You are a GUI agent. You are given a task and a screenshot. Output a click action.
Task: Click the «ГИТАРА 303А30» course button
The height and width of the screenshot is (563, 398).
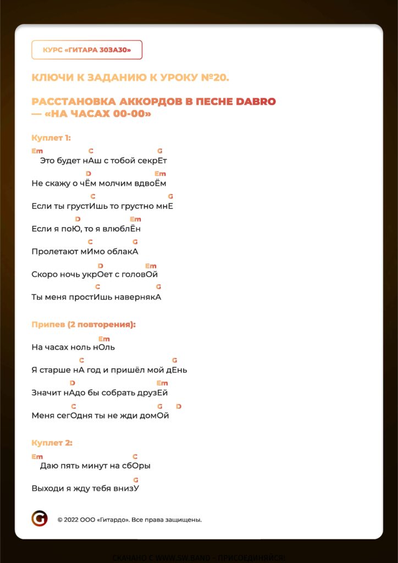pyautogui.click(x=87, y=50)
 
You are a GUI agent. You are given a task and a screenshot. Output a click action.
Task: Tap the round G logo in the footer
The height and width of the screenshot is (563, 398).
pyautogui.click(x=40, y=518)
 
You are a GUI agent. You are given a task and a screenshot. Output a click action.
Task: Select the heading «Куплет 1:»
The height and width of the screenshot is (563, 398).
pyautogui.click(x=51, y=138)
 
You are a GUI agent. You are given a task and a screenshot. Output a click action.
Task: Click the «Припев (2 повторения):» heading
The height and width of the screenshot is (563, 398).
pyautogui.click(x=84, y=324)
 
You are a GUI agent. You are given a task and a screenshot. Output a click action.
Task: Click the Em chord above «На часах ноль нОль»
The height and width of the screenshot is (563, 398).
pyautogui.click(x=104, y=339)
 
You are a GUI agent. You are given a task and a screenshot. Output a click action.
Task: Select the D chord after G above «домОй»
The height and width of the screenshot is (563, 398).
pyautogui.click(x=179, y=406)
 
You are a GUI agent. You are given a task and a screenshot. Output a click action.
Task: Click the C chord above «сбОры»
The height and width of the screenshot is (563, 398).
pyautogui.click(x=135, y=456)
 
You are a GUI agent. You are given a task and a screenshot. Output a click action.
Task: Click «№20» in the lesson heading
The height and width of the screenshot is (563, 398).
pyautogui.click(x=214, y=78)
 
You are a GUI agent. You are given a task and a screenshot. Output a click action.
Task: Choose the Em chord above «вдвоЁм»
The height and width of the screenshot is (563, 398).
pyautogui.click(x=161, y=174)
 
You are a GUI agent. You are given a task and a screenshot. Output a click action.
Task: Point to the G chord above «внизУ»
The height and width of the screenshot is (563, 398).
pyautogui.click(x=136, y=479)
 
